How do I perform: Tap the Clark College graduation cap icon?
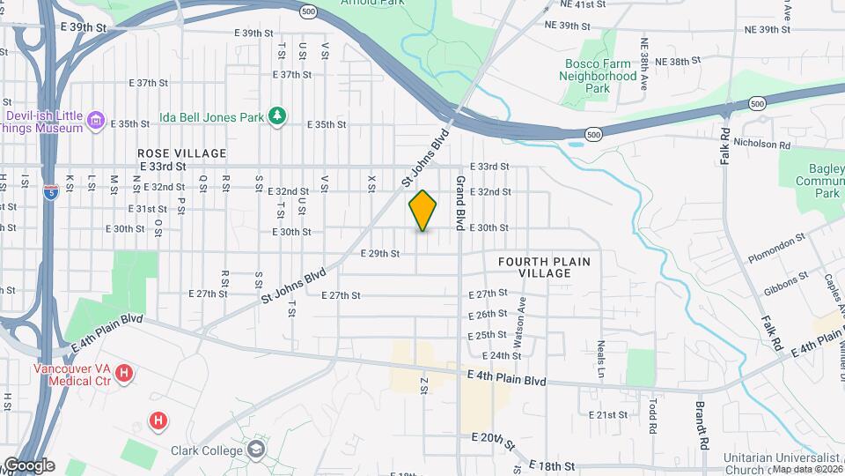point(256,450)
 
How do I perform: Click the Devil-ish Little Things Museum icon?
point(97,119)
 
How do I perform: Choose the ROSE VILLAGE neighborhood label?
point(182,152)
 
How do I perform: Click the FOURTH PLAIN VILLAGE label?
point(544,267)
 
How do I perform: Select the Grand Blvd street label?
point(459,203)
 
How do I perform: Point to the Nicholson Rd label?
point(762,144)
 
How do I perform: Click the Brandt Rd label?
point(703,428)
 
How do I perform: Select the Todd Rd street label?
point(653,415)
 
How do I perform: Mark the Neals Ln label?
point(601,355)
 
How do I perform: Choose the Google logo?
point(28,465)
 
